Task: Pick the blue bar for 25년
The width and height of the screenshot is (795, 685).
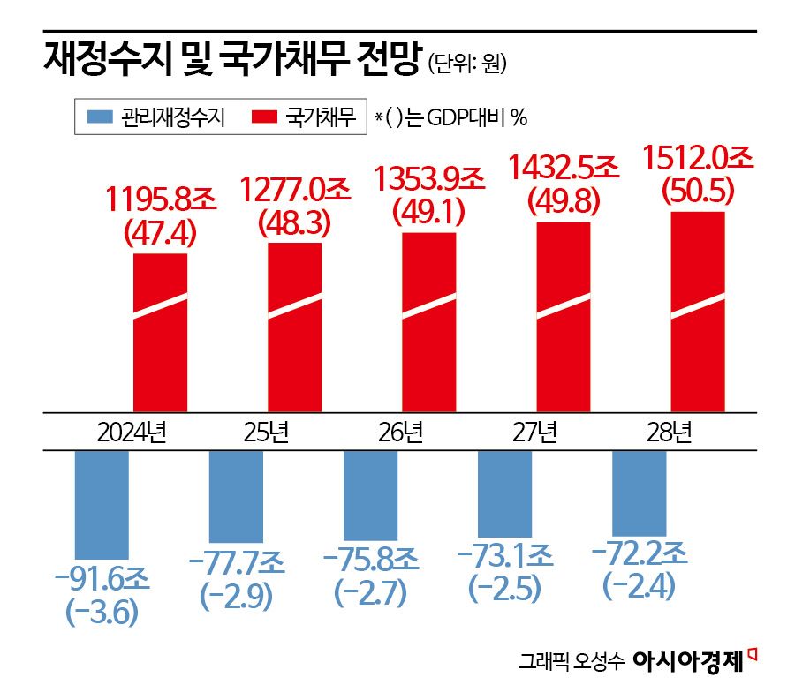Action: pyautogui.click(x=236, y=496)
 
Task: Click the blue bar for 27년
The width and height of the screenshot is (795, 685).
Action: pyautogui.click(x=504, y=493)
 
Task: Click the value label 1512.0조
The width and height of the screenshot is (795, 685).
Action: pyautogui.click(x=698, y=160)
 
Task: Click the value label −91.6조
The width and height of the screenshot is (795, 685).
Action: pyautogui.click(x=102, y=579)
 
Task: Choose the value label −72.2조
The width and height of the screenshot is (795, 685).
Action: pyautogui.click(x=639, y=553)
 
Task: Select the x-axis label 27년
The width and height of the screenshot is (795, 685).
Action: pyautogui.click(x=534, y=433)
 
